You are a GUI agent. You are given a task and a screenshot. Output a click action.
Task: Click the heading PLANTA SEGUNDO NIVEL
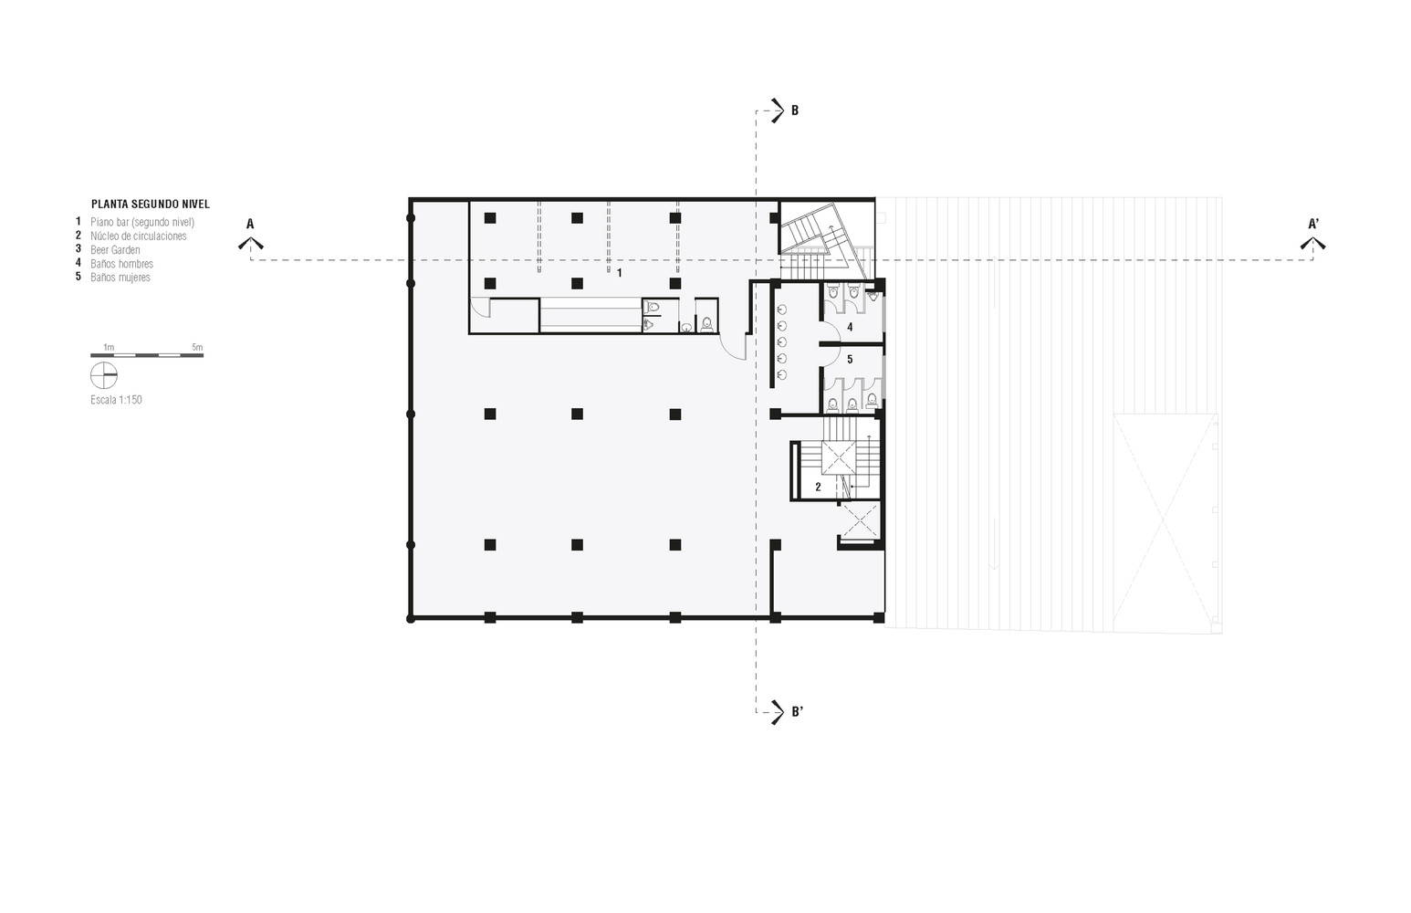click(x=151, y=205)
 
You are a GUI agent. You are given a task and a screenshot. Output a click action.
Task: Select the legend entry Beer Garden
click(x=115, y=250)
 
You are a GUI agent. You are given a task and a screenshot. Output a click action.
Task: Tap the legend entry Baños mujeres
click(x=120, y=278)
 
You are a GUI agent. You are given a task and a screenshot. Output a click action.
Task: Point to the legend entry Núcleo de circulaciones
click(x=139, y=236)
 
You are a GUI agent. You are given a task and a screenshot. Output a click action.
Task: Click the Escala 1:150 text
click(x=116, y=400)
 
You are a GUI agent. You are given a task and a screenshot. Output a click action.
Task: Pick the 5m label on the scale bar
click(x=197, y=347)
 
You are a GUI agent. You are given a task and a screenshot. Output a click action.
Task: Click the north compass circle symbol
click(x=104, y=376)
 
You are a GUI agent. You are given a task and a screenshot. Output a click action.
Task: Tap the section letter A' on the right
click(x=1313, y=224)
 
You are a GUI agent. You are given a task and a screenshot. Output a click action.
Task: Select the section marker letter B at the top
click(x=795, y=110)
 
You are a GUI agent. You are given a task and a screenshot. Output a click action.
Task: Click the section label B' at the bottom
click(x=798, y=712)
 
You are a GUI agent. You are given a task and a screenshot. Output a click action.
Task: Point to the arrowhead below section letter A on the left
click(x=251, y=243)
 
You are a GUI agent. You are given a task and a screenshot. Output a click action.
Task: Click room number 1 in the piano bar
click(x=620, y=273)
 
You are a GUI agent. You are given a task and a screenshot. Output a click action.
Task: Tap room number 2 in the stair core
click(x=819, y=487)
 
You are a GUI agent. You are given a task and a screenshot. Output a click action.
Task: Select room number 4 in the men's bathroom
click(x=850, y=327)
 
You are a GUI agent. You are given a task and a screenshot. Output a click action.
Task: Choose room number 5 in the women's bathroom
click(x=850, y=359)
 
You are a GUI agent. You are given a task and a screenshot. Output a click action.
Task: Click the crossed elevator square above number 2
click(x=839, y=458)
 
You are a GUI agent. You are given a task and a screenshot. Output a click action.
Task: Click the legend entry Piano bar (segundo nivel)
click(x=142, y=223)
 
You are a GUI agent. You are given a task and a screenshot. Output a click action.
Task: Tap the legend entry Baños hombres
click(x=121, y=264)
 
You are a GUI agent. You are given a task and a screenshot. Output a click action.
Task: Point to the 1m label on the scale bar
click(x=109, y=347)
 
